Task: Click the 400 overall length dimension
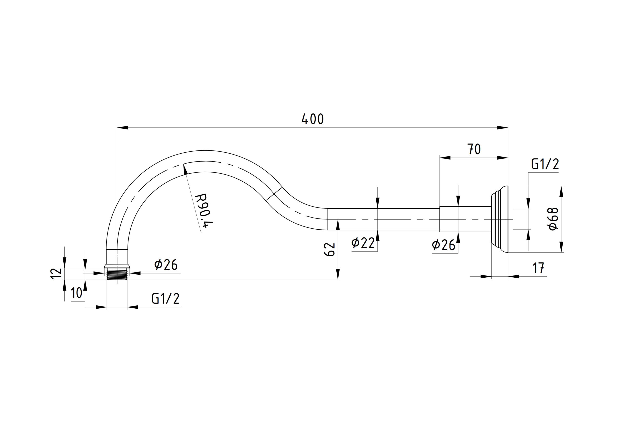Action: tap(312, 119)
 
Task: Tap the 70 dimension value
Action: tap(474, 149)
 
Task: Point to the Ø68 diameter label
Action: tap(553, 219)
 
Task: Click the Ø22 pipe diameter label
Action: tap(363, 243)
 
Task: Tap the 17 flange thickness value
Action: tap(538, 268)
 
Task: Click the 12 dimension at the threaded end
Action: tap(56, 274)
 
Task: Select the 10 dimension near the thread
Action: tap(77, 293)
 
